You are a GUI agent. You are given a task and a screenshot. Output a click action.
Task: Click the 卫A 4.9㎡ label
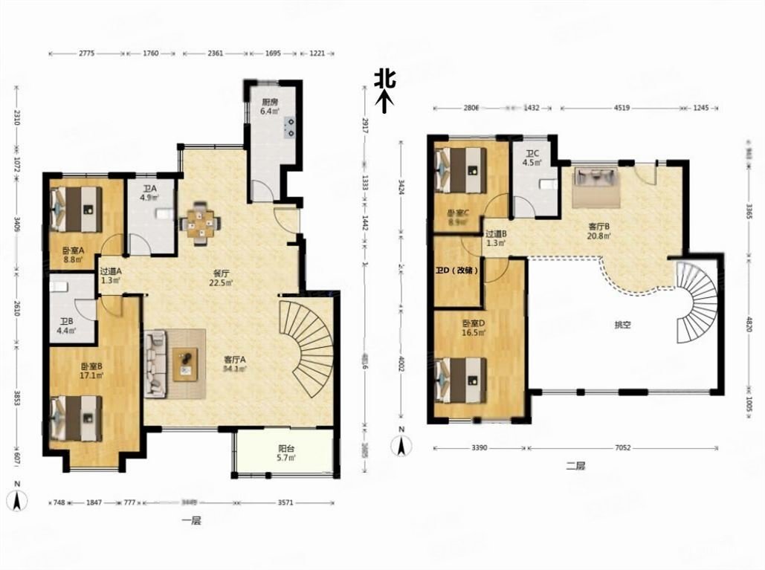pos(150,192)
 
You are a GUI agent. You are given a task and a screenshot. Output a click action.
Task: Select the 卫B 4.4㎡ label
pos(67,326)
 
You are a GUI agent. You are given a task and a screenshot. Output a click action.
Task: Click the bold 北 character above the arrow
pos(384,78)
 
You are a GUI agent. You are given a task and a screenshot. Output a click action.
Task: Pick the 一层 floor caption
pos(192,521)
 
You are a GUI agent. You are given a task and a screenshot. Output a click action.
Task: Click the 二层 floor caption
pos(575,466)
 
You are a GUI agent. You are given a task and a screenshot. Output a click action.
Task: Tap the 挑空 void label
pos(622,325)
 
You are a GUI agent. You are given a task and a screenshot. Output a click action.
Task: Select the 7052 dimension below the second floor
pos(623,448)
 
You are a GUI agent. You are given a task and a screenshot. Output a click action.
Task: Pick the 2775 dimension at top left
pos(86,54)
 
